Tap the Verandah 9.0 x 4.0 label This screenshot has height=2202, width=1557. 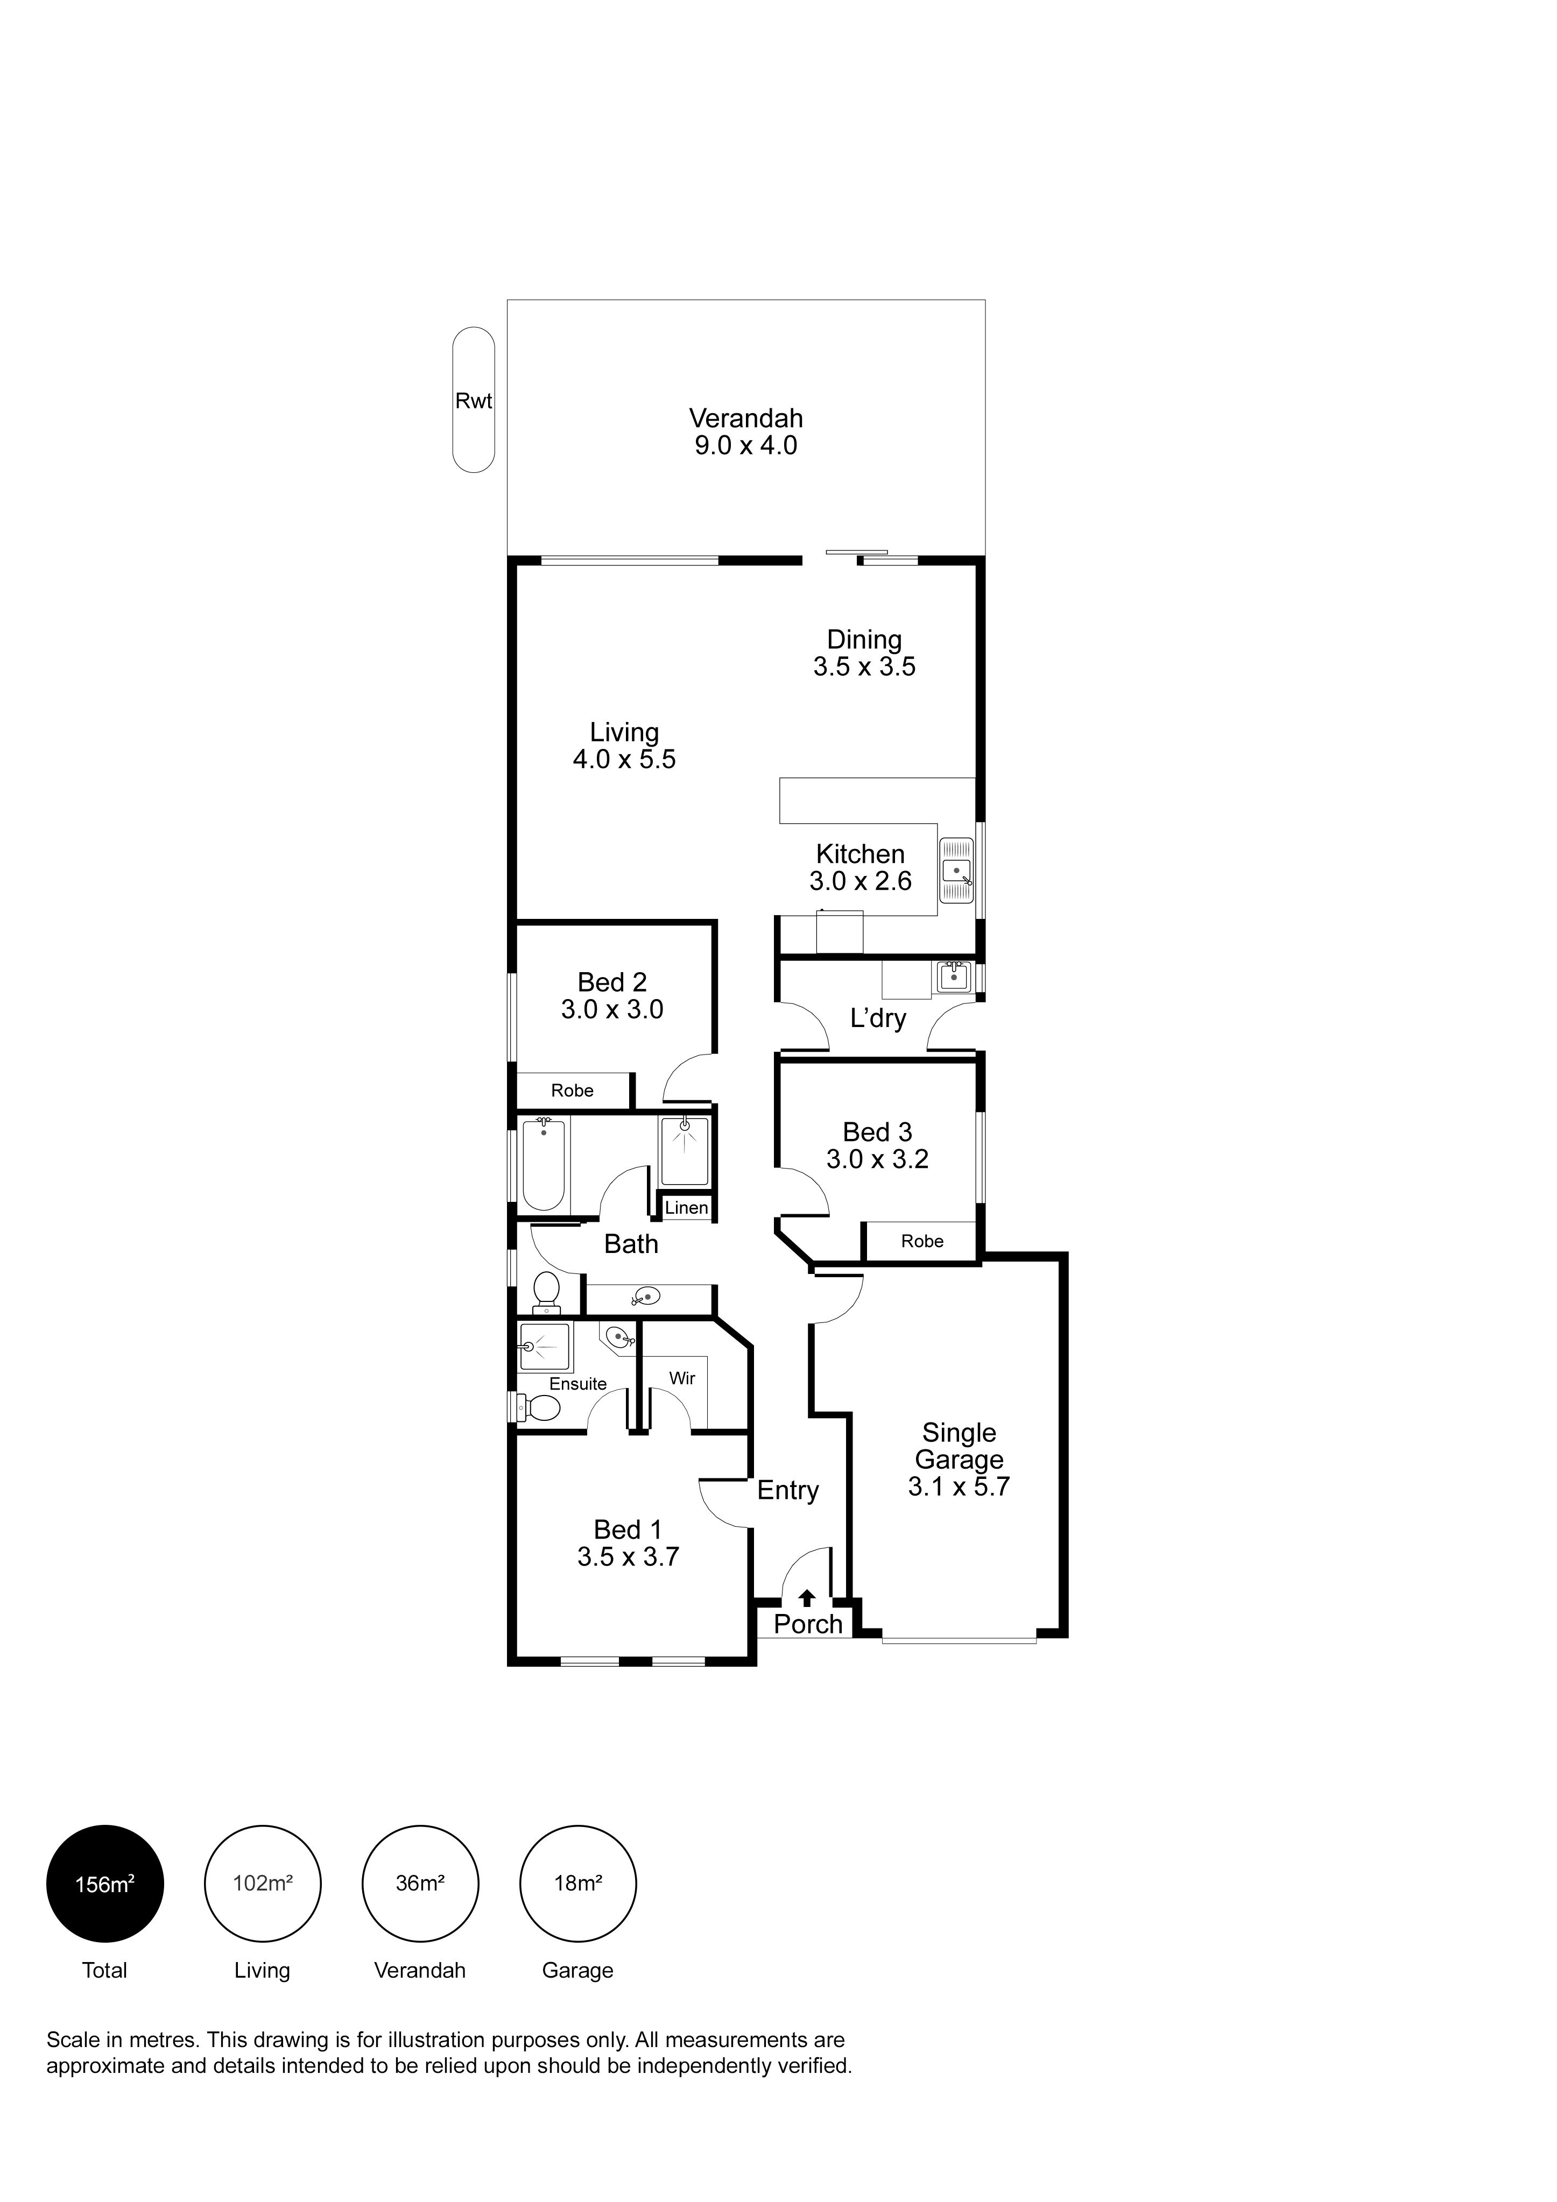tap(745, 431)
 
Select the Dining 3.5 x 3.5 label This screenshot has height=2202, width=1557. tap(864, 653)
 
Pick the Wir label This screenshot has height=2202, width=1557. tap(682, 1378)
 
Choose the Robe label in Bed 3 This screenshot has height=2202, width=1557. tap(922, 1241)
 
